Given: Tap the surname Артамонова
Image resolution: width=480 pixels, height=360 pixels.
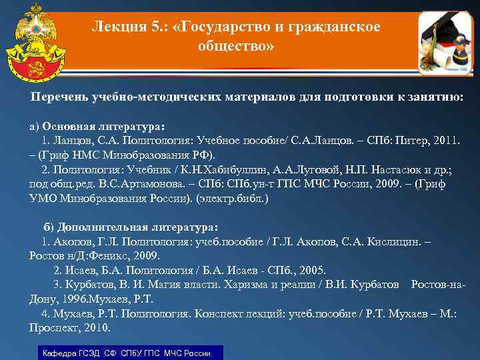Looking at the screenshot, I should [x=147, y=185].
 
